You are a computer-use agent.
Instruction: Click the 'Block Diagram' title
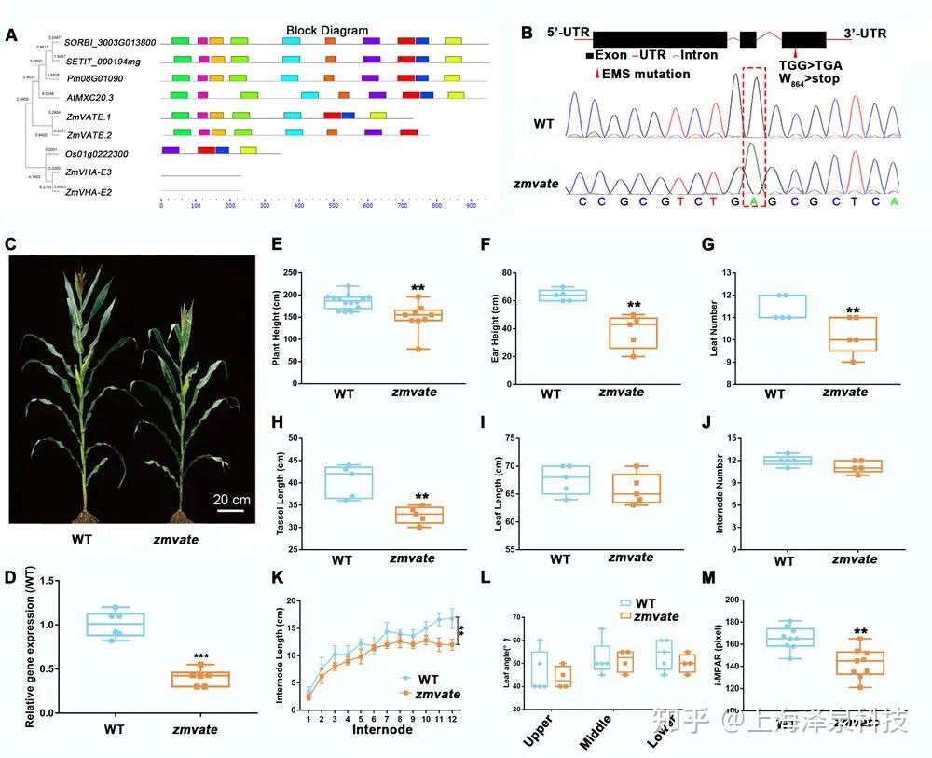point(326,31)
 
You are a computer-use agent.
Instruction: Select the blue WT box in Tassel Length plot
point(342,482)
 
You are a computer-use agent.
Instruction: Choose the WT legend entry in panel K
point(423,680)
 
